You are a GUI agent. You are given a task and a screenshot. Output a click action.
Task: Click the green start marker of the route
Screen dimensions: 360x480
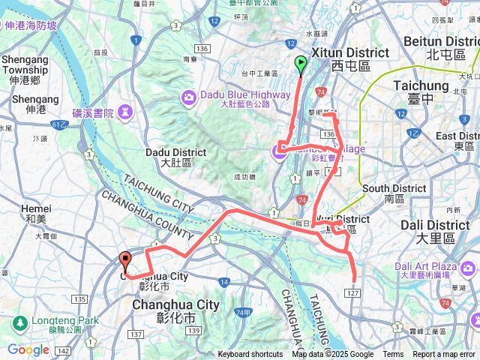click(x=301, y=63)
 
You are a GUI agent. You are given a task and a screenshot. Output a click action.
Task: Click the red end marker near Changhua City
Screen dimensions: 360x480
click(x=125, y=260)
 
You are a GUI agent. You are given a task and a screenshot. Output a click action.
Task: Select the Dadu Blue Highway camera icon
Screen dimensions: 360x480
click(x=187, y=96)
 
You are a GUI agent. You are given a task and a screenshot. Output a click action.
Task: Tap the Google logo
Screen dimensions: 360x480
click(x=28, y=349)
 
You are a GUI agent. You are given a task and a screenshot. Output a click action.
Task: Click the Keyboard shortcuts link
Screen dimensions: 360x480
click(x=250, y=355)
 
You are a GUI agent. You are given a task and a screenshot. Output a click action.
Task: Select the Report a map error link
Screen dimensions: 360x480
click(x=444, y=355)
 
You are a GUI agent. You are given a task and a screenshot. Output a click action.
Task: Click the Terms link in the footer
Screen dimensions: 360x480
click(x=393, y=355)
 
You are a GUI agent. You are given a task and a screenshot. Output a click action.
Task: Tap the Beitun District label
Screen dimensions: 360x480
click(x=441, y=42)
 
